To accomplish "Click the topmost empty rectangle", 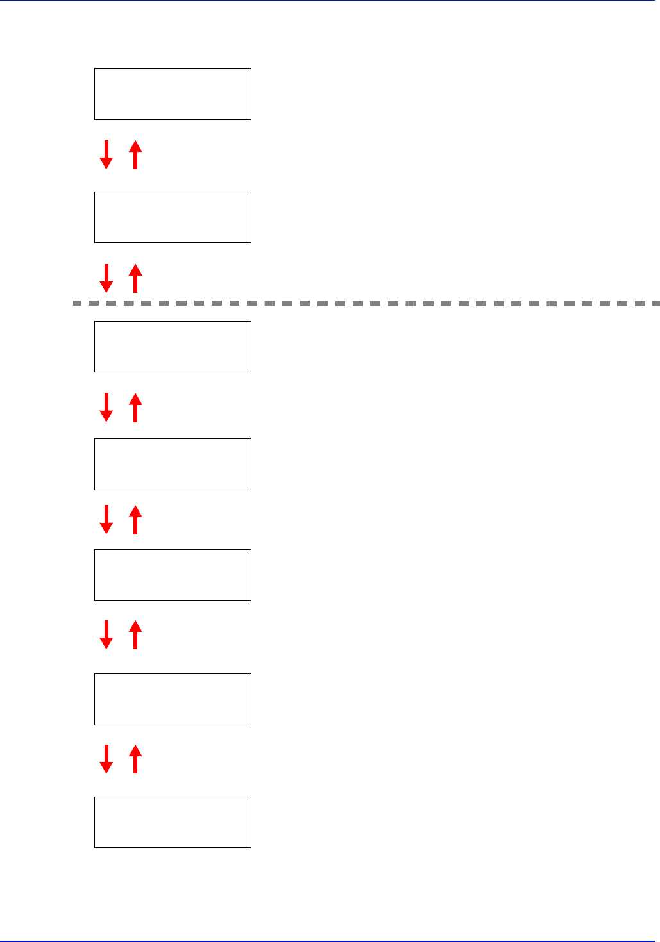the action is coord(173,94).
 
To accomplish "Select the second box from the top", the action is coord(173,217).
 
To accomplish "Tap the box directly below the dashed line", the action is coord(173,347).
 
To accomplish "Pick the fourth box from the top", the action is coord(173,464).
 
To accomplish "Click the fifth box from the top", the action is coord(173,575).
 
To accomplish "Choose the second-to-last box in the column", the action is coord(173,699).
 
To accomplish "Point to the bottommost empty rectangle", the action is coord(173,822).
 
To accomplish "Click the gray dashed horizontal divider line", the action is coord(366,302).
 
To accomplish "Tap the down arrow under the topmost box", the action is coord(106,154).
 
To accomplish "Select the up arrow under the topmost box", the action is coord(135,154).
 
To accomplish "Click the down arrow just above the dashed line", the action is coord(106,278).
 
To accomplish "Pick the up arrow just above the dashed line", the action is coord(135,278).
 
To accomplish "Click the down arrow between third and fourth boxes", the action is coord(106,408).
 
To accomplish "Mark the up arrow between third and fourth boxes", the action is coord(135,408).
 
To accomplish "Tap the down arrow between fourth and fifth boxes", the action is coord(106,519).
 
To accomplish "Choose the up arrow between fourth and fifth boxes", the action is coord(135,519).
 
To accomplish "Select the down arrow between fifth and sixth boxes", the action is coord(106,634).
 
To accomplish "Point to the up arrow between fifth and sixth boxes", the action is coord(135,634).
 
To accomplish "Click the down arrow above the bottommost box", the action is coord(106,759).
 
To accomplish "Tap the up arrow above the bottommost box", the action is coord(135,759).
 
